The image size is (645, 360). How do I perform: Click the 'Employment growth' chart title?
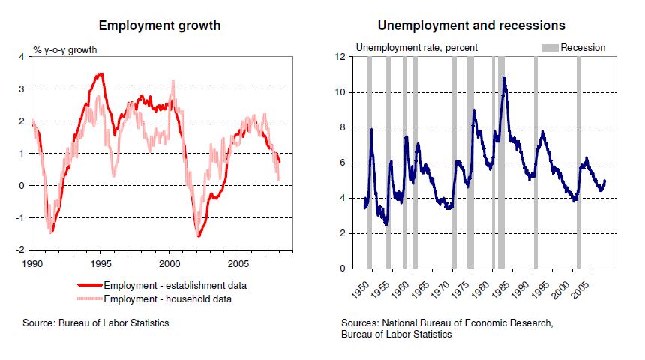coord(160,25)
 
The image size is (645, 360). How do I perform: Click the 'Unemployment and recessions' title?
coord(471,25)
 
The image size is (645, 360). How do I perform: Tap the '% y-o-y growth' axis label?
coord(65,51)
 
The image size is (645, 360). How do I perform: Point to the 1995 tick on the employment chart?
coord(101,264)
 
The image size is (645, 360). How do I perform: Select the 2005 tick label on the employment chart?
coord(238,264)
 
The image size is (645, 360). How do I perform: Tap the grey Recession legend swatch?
coord(550,48)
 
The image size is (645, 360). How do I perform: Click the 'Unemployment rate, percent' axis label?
coord(416,48)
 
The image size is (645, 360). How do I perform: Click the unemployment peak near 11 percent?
coord(505,77)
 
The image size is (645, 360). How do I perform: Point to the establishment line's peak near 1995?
coord(100,73)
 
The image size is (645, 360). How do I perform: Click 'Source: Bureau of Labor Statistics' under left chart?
coord(96,323)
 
